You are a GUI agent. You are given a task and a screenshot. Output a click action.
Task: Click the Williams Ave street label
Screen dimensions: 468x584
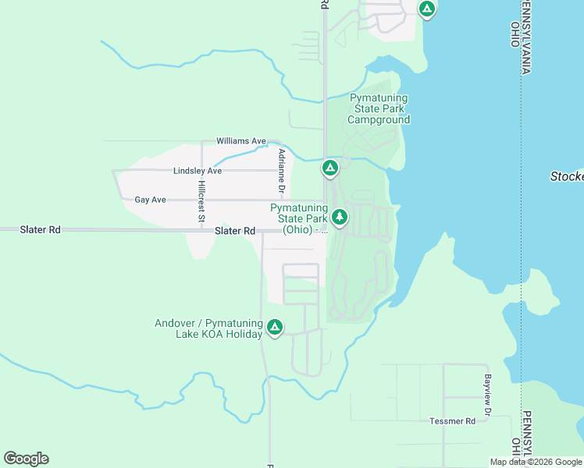click(241, 141)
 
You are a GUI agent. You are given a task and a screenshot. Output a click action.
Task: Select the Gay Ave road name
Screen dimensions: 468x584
click(150, 200)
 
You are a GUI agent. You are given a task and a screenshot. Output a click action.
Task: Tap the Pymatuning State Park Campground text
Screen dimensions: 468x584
click(379, 109)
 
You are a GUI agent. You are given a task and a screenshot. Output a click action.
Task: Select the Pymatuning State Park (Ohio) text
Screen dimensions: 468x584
click(301, 219)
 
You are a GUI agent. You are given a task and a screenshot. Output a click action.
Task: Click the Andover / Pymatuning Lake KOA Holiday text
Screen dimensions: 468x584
click(208, 328)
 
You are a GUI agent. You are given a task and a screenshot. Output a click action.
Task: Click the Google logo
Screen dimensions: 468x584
click(26, 459)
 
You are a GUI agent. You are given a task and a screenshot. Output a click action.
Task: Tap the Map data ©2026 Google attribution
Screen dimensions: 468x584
click(536, 462)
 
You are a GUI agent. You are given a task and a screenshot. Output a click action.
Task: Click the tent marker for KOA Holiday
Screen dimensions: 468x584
click(275, 328)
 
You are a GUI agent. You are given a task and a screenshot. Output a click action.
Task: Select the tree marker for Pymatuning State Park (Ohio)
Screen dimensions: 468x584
click(339, 217)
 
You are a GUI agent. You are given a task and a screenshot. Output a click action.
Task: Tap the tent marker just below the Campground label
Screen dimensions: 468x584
click(330, 168)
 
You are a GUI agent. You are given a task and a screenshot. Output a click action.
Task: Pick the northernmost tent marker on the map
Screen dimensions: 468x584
click(426, 9)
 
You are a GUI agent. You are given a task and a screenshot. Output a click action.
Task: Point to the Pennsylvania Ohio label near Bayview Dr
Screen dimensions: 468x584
click(522, 434)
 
